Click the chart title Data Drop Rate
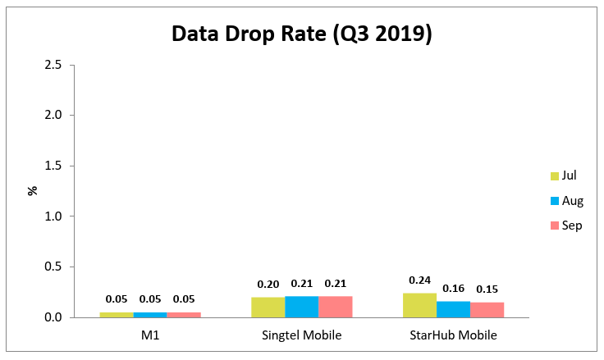[x=301, y=34]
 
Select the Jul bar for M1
[x=117, y=314]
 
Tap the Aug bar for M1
[x=150, y=314]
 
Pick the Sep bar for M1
[x=184, y=314]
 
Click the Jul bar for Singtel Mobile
[x=268, y=307]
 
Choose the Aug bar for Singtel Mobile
[x=302, y=307]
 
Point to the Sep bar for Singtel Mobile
[x=335, y=307]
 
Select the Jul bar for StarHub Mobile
[x=419, y=305]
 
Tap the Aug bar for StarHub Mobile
[x=453, y=309]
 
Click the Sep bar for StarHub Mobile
[x=487, y=309]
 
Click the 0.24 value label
[x=419, y=280]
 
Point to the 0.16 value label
[x=453, y=289]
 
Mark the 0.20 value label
[x=268, y=285]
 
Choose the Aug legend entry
[x=566, y=200]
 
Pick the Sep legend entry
[x=565, y=225]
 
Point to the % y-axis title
[x=33, y=190]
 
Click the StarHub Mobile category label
[x=453, y=335]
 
